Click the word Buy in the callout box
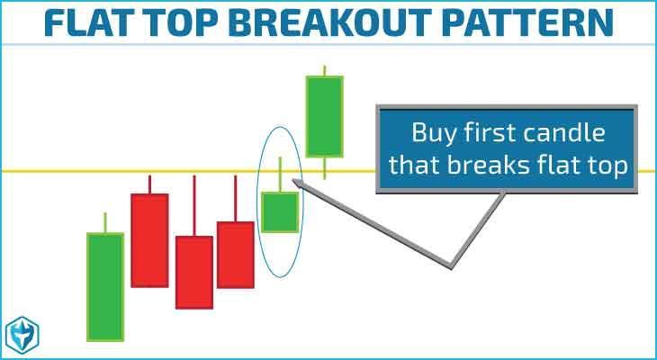[434, 134]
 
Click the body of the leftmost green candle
[105, 287]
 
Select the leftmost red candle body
[149, 240]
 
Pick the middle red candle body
[194, 273]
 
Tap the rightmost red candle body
[236, 255]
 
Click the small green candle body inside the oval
[280, 212]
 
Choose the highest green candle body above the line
[324, 116]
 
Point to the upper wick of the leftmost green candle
[105, 222]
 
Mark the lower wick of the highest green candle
[324, 168]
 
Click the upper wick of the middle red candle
[194, 206]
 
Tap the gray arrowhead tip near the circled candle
[292, 180]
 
